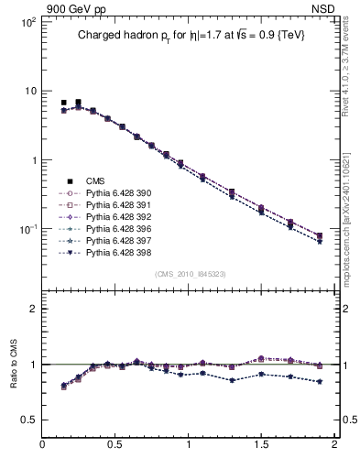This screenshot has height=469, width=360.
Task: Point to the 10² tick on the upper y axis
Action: (x=27, y=22)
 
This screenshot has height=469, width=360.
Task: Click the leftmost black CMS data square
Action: (x=63, y=103)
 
